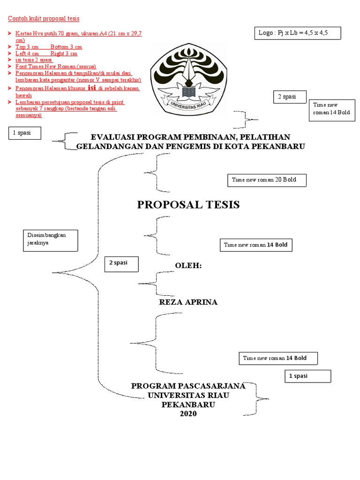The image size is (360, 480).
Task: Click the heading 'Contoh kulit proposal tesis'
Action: pos(44,19)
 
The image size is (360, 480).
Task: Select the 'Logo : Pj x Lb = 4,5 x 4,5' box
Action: pos(297,33)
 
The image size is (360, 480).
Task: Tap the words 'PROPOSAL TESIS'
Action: pos(188,205)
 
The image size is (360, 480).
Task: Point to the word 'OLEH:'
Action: pos(188,266)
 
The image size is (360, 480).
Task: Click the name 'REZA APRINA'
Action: pos(188,302)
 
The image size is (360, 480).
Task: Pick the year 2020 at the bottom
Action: pos(188,414)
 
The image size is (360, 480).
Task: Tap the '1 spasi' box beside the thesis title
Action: pos(25,133)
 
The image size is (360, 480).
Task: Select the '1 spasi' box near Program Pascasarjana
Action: pos(307,376)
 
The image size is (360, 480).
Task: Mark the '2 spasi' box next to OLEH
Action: pos(122,263)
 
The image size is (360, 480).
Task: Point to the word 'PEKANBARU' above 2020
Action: pos(188,405)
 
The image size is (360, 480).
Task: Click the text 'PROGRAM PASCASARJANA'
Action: pos(188,386)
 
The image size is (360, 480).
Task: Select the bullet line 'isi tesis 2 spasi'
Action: pos(34,60)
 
